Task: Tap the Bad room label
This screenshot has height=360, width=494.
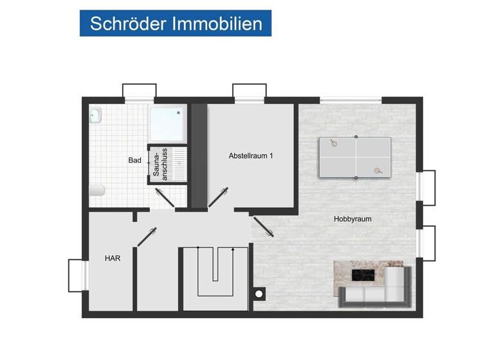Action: (134, 160)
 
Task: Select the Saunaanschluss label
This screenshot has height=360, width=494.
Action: (160, 164)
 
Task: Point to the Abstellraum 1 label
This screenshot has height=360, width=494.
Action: (251, 156)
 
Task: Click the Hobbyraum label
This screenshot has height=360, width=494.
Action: (352, 219)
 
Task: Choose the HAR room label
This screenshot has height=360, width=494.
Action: (113, 258)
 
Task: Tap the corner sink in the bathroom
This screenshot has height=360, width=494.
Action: (96, 115)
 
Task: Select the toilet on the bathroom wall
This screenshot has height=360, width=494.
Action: (96, 190)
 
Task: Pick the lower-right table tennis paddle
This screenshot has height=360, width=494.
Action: (378, 171)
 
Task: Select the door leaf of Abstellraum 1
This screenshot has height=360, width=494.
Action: (218, 197)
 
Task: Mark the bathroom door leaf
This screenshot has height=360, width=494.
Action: (165, 198)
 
